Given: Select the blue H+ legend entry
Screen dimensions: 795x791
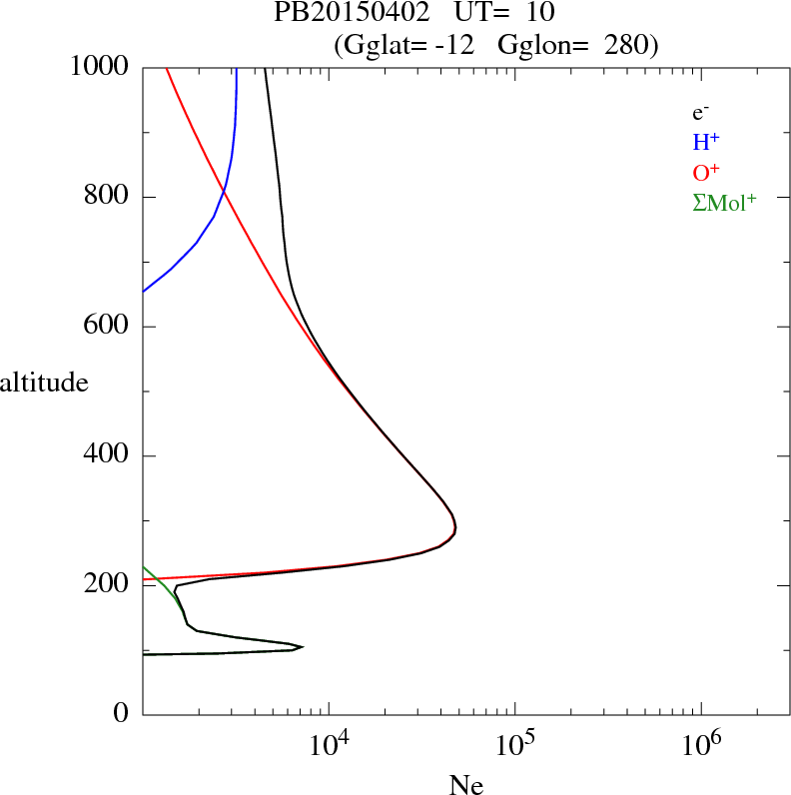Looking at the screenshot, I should (x=707, y=143).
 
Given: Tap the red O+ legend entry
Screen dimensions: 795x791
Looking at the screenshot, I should (x=707, y=172).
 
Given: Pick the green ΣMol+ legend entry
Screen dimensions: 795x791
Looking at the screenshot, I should (x=724, y=202).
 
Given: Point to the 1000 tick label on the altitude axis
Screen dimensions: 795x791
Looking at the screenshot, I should (x=100, y=67).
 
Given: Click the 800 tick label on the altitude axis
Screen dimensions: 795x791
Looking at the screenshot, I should (x=106, y=197).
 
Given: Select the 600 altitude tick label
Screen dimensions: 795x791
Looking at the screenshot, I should (x=106, y=327).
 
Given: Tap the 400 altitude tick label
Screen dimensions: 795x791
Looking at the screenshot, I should (x=106, y=456).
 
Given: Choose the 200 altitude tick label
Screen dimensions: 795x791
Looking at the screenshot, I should (x=106, y=585).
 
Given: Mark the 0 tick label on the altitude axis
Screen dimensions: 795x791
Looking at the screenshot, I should (x=121, y=714).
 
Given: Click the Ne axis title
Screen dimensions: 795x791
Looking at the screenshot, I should (x=466, y=785).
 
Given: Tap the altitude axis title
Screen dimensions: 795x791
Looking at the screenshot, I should (x=44, y=382).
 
